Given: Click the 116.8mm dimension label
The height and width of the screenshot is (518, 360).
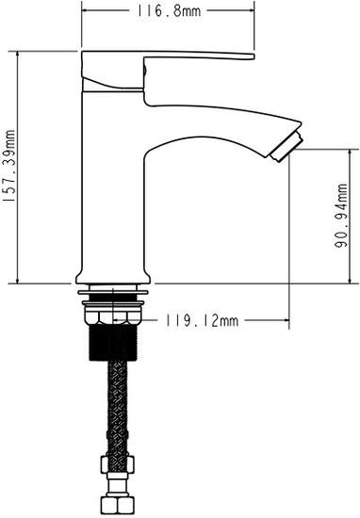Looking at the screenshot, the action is coord(169,11).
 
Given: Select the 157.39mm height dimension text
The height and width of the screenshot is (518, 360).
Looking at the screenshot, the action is coord(8,166).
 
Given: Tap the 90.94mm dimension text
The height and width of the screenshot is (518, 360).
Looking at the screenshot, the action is coord(341,216).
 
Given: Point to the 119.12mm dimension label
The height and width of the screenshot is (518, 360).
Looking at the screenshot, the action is coord(202,320).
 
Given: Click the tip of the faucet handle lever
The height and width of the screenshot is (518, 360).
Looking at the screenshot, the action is coord(254,57).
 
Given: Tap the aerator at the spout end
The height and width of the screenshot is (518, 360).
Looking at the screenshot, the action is coord(286,146).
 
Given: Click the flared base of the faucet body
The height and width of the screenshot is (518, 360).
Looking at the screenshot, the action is coord(113,277).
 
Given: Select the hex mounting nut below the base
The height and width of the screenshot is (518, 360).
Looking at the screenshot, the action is coord(113,316).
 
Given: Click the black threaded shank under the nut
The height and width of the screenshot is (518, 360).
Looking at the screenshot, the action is coord(113,342).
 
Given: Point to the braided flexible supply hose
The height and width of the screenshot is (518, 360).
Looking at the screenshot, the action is coord(117,410).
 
